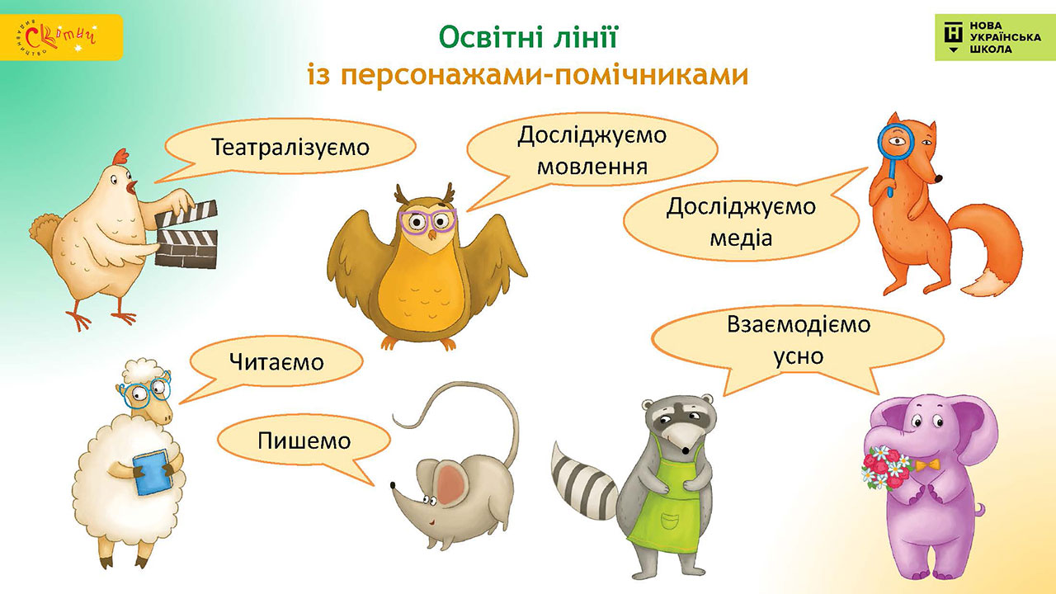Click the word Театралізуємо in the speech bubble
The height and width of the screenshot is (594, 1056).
point(290,148)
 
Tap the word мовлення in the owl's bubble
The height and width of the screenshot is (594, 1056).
point(592,167)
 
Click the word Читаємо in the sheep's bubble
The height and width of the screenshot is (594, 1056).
point(276,362)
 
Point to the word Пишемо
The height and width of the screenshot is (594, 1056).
point(304,441)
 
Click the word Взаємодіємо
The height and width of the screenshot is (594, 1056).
point(799,324)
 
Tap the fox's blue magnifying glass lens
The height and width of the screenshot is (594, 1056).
point(896,141)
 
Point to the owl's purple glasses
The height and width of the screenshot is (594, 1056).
point(428,220)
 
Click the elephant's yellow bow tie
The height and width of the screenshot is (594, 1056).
point(928,466)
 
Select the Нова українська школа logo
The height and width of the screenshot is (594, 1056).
point(995,38)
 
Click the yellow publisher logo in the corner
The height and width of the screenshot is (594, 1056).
point(61,37)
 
